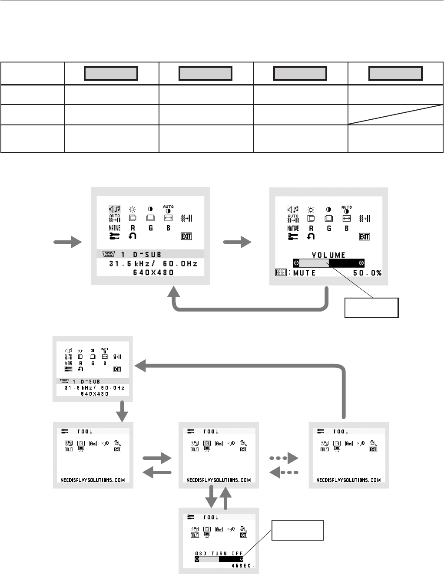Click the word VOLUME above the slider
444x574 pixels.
point(328,255)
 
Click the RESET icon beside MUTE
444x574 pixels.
point(281,273)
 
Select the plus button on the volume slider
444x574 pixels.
point(361,263)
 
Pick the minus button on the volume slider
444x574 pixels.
point(296,263)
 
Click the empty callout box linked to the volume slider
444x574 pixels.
point(371,308)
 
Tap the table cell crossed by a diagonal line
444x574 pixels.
point(395,115)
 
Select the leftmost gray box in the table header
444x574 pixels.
point(111,73)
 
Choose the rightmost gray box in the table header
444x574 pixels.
point(395,73)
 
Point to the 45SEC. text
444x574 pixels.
point(243,566)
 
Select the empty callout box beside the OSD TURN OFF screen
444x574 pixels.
point(298,530)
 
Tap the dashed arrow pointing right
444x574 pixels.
point(284,458)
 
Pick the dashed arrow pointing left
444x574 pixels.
point(284,472)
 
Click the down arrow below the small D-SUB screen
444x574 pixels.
point(123,411)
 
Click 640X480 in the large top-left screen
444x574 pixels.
point(153,272)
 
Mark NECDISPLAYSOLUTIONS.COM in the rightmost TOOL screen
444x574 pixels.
point(348,480)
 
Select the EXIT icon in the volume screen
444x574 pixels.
point(364,236)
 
